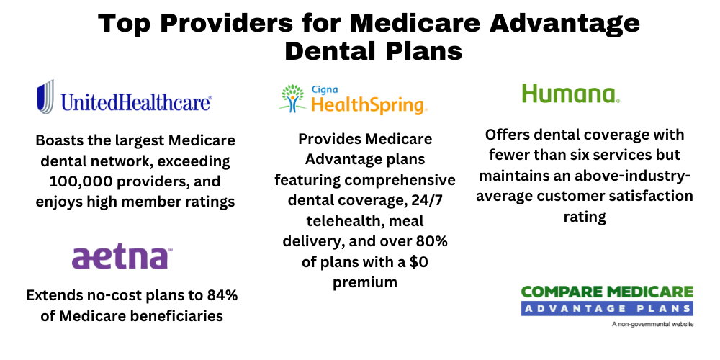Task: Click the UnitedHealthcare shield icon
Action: point(45,97)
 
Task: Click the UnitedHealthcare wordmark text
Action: point(136,102)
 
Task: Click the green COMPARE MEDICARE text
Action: point(607,292)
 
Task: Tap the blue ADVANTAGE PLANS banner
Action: point(607,308)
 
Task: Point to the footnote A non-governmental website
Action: point(652,325)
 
